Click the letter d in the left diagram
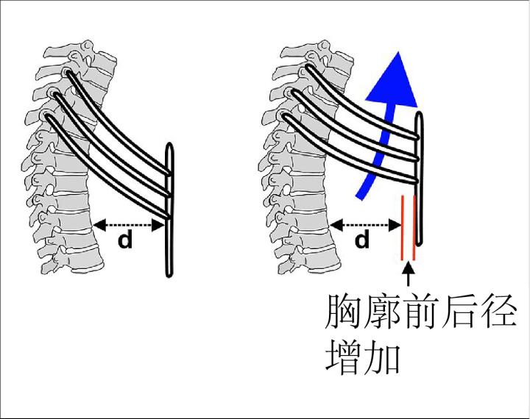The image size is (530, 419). (x=127, y=240)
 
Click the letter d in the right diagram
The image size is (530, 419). (x=362, y=240)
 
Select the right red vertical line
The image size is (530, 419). (x=414, y=228)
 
